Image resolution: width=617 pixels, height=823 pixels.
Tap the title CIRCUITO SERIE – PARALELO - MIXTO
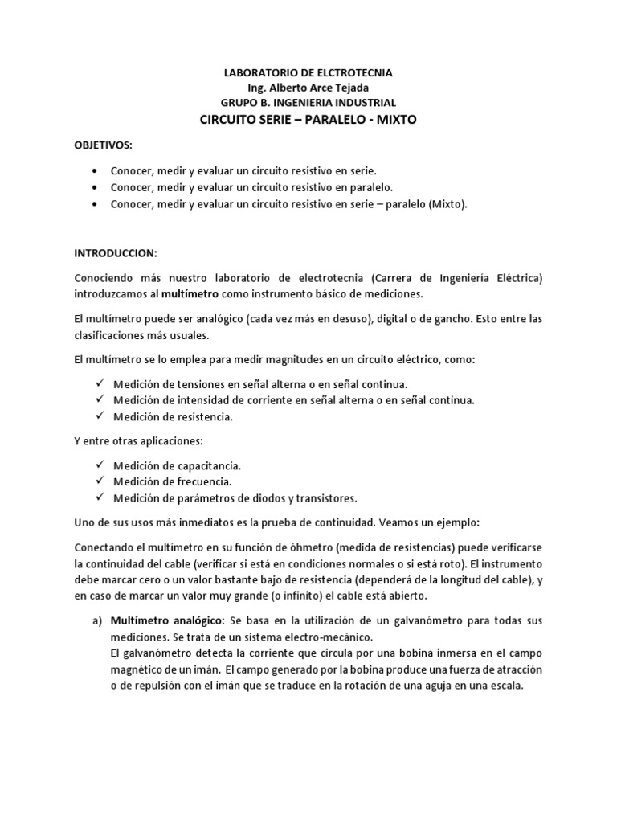click(308, 119)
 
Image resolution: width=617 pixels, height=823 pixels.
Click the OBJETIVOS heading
click(102, 145)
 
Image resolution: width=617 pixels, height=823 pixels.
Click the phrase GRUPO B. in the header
click(245, 103)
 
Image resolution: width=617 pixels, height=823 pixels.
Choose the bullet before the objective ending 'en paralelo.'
click(97, 188)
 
